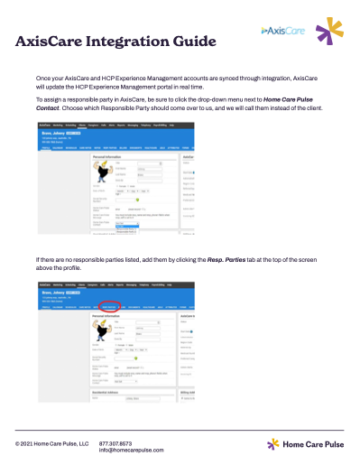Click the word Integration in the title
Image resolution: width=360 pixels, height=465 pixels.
[x=128, y=42]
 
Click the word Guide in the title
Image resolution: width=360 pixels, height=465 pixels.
[x=191, y=42]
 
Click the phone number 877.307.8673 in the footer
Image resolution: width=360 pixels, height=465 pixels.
[x=115, y=443]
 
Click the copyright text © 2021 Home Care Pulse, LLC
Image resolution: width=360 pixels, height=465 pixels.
[x=51, y=443]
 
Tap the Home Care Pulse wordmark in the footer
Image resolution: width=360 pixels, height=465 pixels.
[x=314, y=444]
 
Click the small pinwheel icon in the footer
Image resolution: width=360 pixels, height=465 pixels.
[x=273, y=444]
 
